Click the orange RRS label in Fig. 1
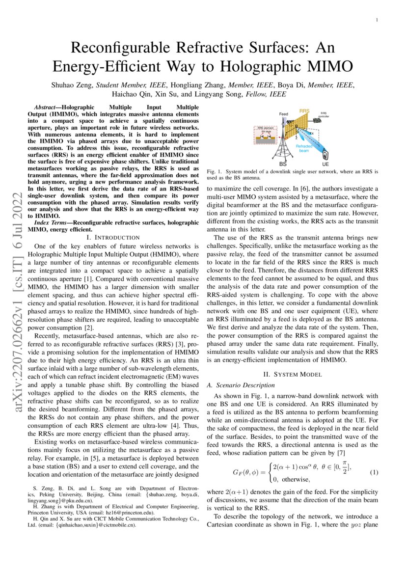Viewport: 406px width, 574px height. click(304, 111)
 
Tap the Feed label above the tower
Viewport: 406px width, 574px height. click(284, 114)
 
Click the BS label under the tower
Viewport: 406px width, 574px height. click(283, 164)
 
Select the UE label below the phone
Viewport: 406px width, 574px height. click(325, 164)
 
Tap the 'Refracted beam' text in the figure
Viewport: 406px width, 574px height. click(303, 148)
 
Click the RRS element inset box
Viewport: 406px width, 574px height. click(266, 136)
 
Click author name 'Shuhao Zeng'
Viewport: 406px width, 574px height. click(73, 85)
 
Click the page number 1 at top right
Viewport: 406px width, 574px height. click(377, 20)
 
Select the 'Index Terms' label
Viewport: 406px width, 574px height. click(51, 223)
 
